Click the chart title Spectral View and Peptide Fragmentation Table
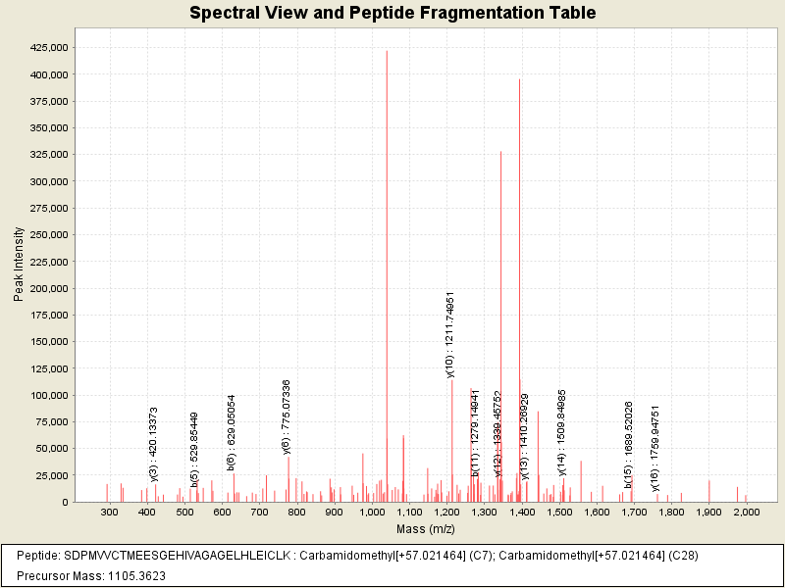[x=392, y=14]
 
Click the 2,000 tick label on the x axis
[x=746, y=513]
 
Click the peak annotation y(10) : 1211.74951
[x=450, y=334]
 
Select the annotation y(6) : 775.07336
[x=287, y=416]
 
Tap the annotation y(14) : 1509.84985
[x=561, y=431]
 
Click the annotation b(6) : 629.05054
[x=232, y=432]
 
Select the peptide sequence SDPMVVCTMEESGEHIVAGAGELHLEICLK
[x=177, y=556]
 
